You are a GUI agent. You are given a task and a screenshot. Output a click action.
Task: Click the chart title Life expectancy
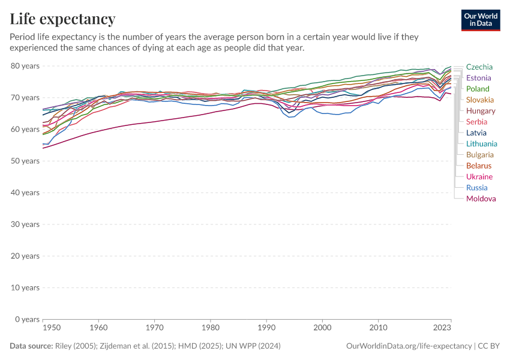(x=62, y=19)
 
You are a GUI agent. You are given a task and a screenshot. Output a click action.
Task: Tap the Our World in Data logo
(x=481, y=20)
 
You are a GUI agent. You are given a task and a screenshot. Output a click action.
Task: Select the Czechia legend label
(x=479, y=67)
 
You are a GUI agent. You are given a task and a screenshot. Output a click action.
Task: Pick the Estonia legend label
(x=478, y=78)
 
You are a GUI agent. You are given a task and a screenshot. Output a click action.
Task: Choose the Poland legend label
(x=478, y=89)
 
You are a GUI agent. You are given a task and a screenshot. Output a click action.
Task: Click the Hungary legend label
(x=481, y=111)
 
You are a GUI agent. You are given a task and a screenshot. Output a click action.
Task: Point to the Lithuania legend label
(x=481, y=144)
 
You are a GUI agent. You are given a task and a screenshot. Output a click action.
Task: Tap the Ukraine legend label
(x=479, y=177)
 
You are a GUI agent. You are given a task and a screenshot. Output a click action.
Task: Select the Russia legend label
(x=477, y=188)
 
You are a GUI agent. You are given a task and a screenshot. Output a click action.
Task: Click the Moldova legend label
(x=481, y=199)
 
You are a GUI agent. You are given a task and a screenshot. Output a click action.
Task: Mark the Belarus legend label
(x=479, y=166)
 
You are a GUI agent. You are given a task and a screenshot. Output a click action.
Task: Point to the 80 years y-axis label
(x=25, y=65)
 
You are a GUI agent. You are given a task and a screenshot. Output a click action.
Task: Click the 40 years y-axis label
(x=25, y=193)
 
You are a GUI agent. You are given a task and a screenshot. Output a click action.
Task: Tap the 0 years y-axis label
(x=27, y=319)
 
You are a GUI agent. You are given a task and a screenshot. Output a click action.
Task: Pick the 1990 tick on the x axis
(x=266, y=328)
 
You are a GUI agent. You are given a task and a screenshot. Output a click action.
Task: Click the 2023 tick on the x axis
(x=442, y=328)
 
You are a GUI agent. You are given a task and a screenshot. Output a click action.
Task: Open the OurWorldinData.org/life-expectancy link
(x=409, y=346)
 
